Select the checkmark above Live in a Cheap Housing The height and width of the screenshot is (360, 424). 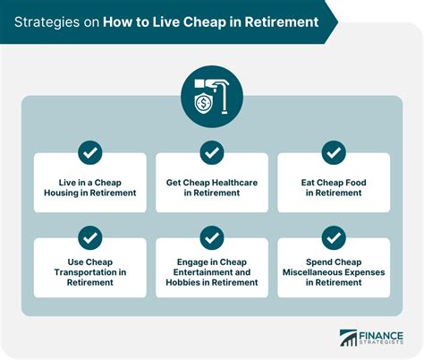pos(90,152)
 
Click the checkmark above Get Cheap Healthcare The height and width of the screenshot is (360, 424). pos(212,152)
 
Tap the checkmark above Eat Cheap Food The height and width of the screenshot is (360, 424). pos(333,152)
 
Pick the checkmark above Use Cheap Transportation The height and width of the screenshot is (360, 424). pos(90,237)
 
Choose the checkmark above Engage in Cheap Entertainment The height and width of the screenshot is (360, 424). pos(212,237)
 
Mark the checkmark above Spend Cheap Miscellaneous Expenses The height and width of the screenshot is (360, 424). pos(333,237)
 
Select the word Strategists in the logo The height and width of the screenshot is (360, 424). pos(384,344)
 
